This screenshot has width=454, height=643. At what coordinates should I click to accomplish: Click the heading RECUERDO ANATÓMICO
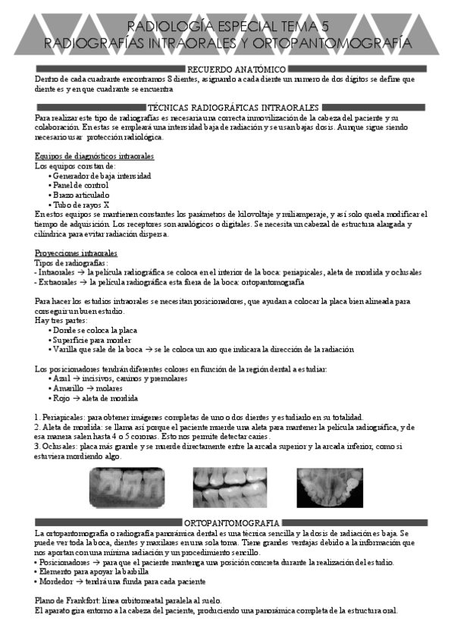(227, 69)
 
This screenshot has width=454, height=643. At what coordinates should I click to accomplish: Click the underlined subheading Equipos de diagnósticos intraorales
(95, 156)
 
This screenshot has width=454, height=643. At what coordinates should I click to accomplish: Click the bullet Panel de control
(80, 185)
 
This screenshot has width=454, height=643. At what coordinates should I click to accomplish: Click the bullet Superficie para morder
(92, 340)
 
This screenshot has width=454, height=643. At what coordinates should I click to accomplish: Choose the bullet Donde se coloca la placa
(95, 330)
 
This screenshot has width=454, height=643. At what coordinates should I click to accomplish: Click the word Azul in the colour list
(61, 378)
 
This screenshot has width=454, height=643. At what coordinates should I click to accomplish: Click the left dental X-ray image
(127, 486)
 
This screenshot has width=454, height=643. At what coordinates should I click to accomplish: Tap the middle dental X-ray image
(230, 486)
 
